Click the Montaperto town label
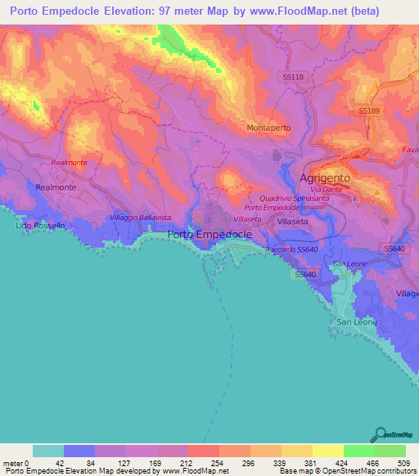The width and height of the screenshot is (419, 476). coord(270,128)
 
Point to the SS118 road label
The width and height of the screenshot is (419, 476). coord(292,76)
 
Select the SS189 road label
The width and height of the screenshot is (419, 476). coord(370,110)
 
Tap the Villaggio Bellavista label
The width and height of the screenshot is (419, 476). coord(140,218)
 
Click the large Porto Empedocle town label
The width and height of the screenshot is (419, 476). coord(214,234)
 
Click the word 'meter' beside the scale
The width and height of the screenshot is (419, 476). coord(11,462)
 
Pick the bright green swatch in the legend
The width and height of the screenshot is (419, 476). coord(358,451)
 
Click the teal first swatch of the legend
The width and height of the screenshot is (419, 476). coord(48,451)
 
